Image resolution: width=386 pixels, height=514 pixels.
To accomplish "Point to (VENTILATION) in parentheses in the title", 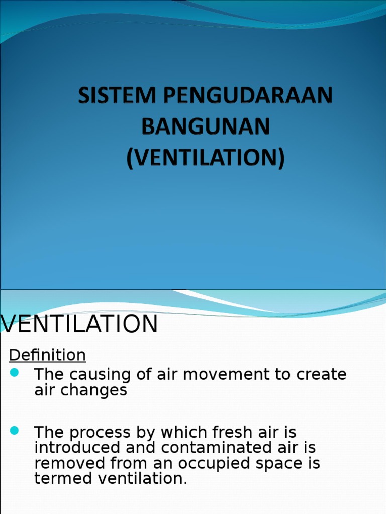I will (205, 159).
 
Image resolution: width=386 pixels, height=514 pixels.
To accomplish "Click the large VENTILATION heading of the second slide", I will (80, 324).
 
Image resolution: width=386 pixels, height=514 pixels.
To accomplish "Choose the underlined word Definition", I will (48, 355).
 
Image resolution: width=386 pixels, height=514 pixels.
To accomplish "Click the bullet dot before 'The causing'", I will (14, 372).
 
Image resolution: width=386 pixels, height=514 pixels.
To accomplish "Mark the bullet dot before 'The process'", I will (14, 430).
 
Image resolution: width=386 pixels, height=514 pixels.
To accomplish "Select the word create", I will (319, 375).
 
